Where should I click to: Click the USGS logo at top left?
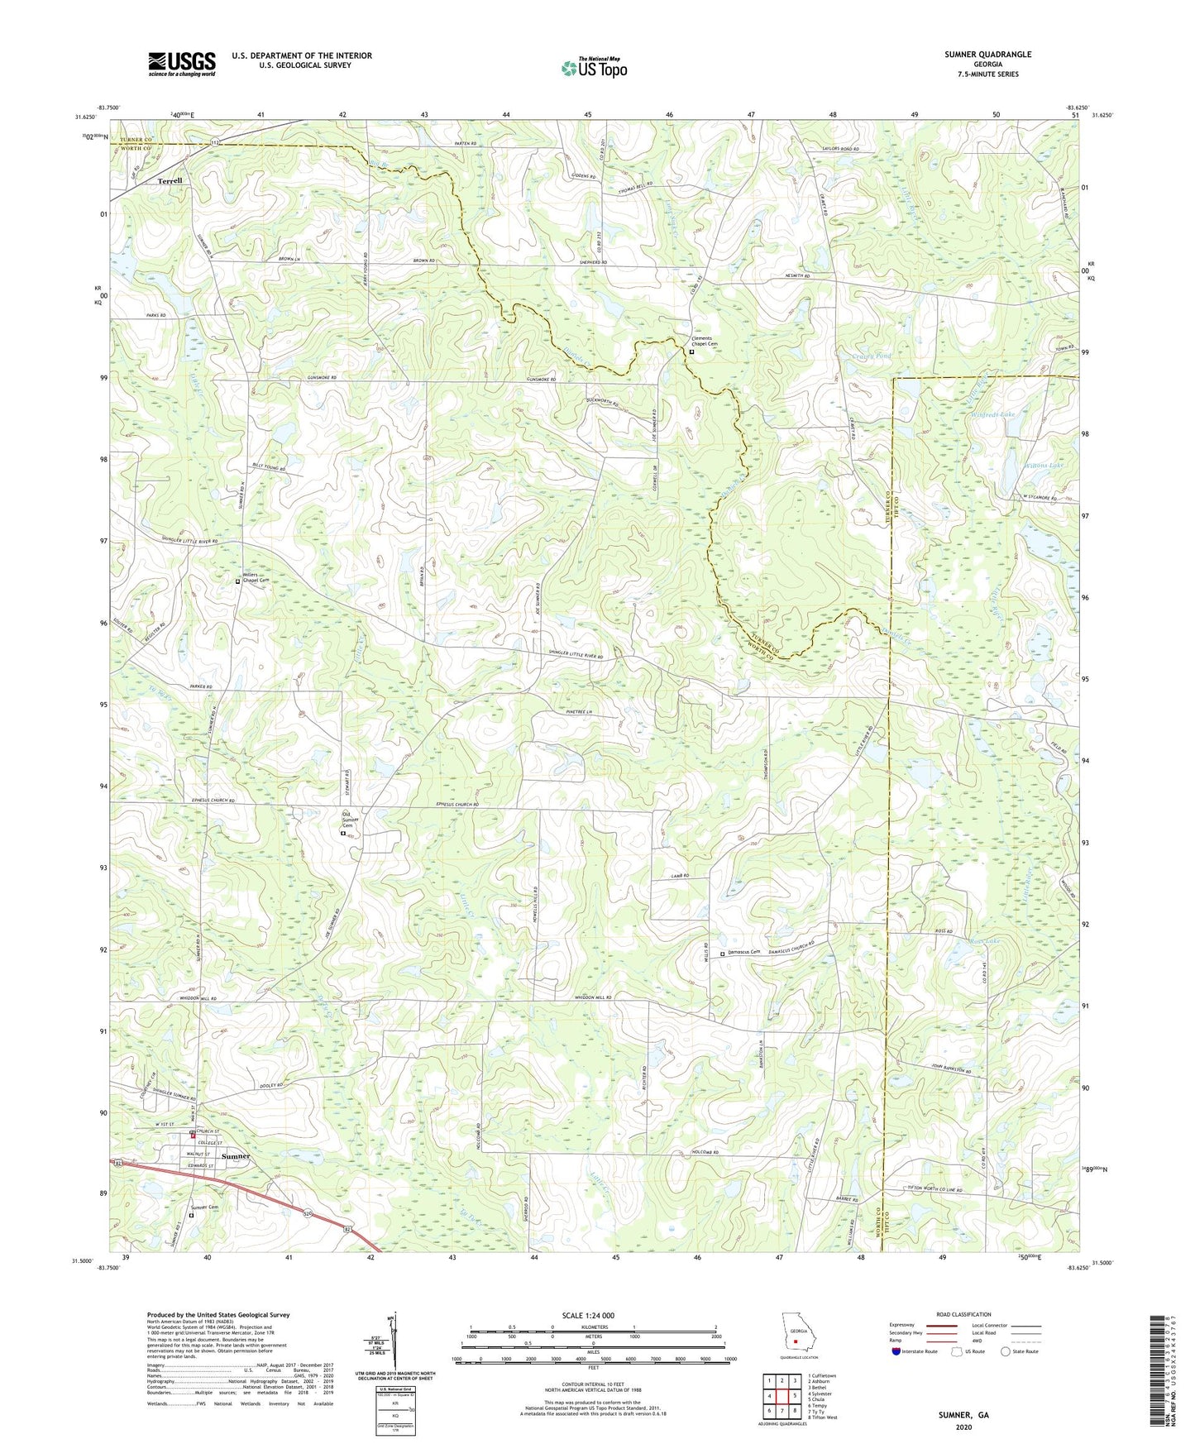182,64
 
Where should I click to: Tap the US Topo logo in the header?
594,68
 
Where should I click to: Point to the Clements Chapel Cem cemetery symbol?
691,351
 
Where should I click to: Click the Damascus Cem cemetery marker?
722,954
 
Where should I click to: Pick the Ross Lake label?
984,942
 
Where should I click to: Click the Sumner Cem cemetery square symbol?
191,1215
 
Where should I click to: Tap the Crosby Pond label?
871,356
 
